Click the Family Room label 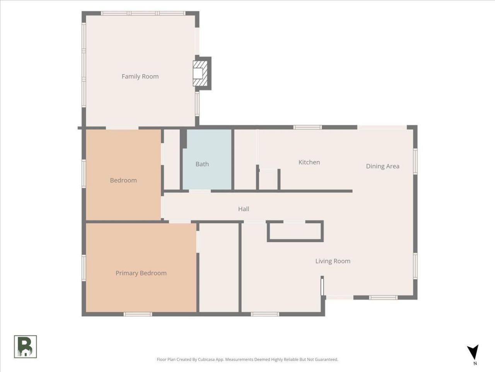point(140,77)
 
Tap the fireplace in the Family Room point(200,73)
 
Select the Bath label point(202,164)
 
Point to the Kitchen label point(309,162)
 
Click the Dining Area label point(382,166)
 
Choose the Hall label point(244,209)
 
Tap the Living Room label point(333,261)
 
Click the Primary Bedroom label point(141,273)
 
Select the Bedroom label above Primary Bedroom point(123,180)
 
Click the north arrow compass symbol point(473,352)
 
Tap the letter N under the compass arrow point(475,363)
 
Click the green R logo point(26,347)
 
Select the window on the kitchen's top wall point(307,127)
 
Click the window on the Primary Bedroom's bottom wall point(138,314)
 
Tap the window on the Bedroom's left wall point(84,174)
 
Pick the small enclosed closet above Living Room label point(295,231)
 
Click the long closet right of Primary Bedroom point(219,268)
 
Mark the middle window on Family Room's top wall point(143,13)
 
